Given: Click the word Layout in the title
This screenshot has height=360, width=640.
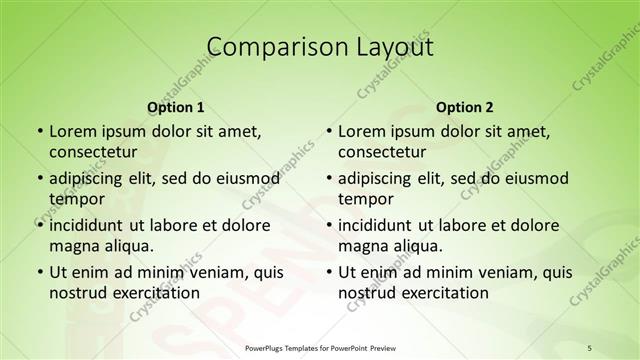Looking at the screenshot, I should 388,46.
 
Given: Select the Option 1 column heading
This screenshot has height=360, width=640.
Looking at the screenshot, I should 176,107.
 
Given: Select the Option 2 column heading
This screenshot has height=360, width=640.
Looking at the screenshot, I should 465,107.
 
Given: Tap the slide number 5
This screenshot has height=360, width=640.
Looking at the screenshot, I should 589,348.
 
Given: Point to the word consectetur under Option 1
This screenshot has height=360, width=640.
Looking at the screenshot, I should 93,152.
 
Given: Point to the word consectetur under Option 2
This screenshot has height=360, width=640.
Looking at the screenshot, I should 382,152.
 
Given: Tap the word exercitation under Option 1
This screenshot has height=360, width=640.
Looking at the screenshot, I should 154,293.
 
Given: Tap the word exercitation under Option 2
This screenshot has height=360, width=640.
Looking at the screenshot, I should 443,293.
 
